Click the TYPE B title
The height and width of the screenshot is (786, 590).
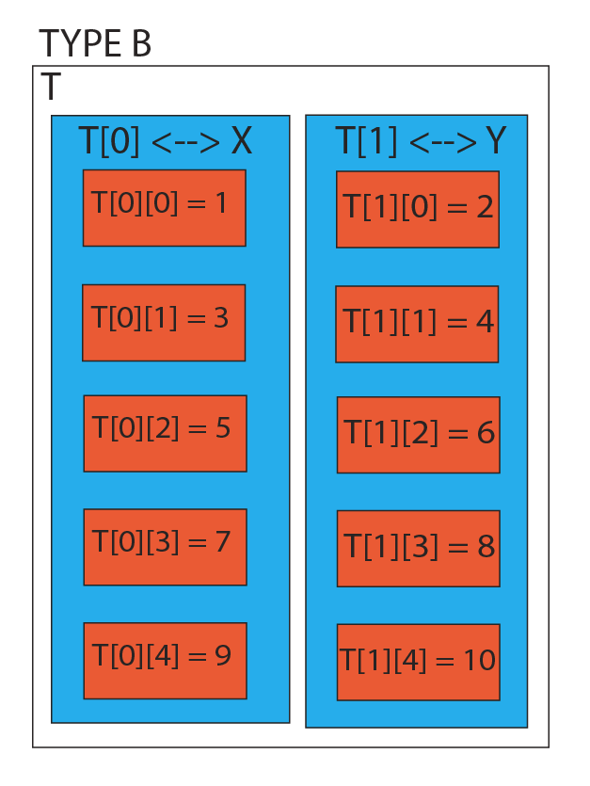(x=95, y=43)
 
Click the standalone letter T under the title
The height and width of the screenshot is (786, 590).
(x=51, y=87)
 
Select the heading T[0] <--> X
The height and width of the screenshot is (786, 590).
(x=165, y=140)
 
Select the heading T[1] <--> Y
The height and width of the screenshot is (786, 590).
(x=420, y=140)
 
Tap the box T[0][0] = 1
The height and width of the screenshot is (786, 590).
(x=165, y=208)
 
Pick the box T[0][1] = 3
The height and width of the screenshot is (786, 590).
(x=164, y=323)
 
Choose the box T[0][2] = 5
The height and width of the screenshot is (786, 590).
(x=165, y=434)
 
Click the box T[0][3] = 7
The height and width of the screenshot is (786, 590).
(x=165, y=548)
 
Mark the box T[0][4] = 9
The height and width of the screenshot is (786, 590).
(x=165, y=661)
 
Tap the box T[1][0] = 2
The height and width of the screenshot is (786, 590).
(x=418, y=210)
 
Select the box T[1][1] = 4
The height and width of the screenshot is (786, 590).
(x=417, y=325)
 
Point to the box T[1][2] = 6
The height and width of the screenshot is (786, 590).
(x=419, y=435)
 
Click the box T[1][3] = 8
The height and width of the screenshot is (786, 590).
(x=419, y=549)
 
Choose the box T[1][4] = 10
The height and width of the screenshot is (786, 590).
(x=419, y=662)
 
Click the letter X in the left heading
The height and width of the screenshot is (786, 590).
(x=241, y=140)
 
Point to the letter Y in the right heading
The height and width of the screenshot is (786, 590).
(x=496, y=140)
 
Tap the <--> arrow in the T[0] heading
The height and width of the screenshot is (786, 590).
(x=185, y=142)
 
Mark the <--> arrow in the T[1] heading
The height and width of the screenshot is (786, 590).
(x=442, y=142)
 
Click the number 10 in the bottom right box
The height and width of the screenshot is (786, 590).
(x=479, y=660)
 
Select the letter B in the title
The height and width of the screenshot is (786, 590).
(x=141, y=43)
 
